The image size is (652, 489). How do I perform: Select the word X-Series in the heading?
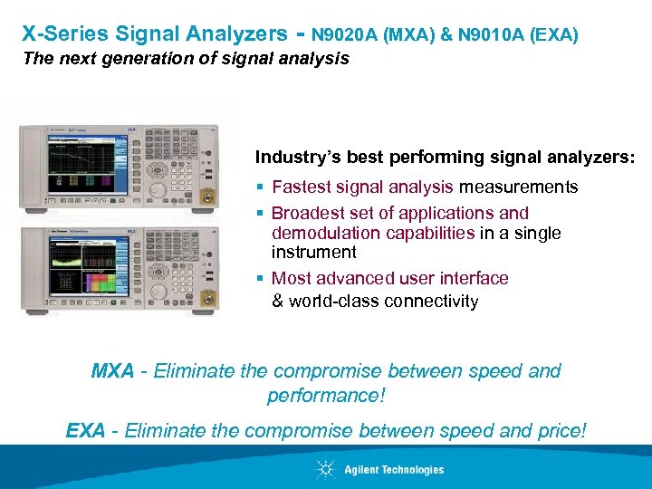point(62,34)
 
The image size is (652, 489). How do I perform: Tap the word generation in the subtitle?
point(161,59)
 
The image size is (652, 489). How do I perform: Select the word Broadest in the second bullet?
point(307,214)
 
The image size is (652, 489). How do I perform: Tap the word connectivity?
point(431,302)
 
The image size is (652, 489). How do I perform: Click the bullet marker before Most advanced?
point(260,279)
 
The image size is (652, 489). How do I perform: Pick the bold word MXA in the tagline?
point(113,371)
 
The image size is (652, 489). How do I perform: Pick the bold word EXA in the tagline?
point(86,430)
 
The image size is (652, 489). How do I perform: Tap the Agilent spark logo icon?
point(325,469)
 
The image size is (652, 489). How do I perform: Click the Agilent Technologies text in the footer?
point(394,469)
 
